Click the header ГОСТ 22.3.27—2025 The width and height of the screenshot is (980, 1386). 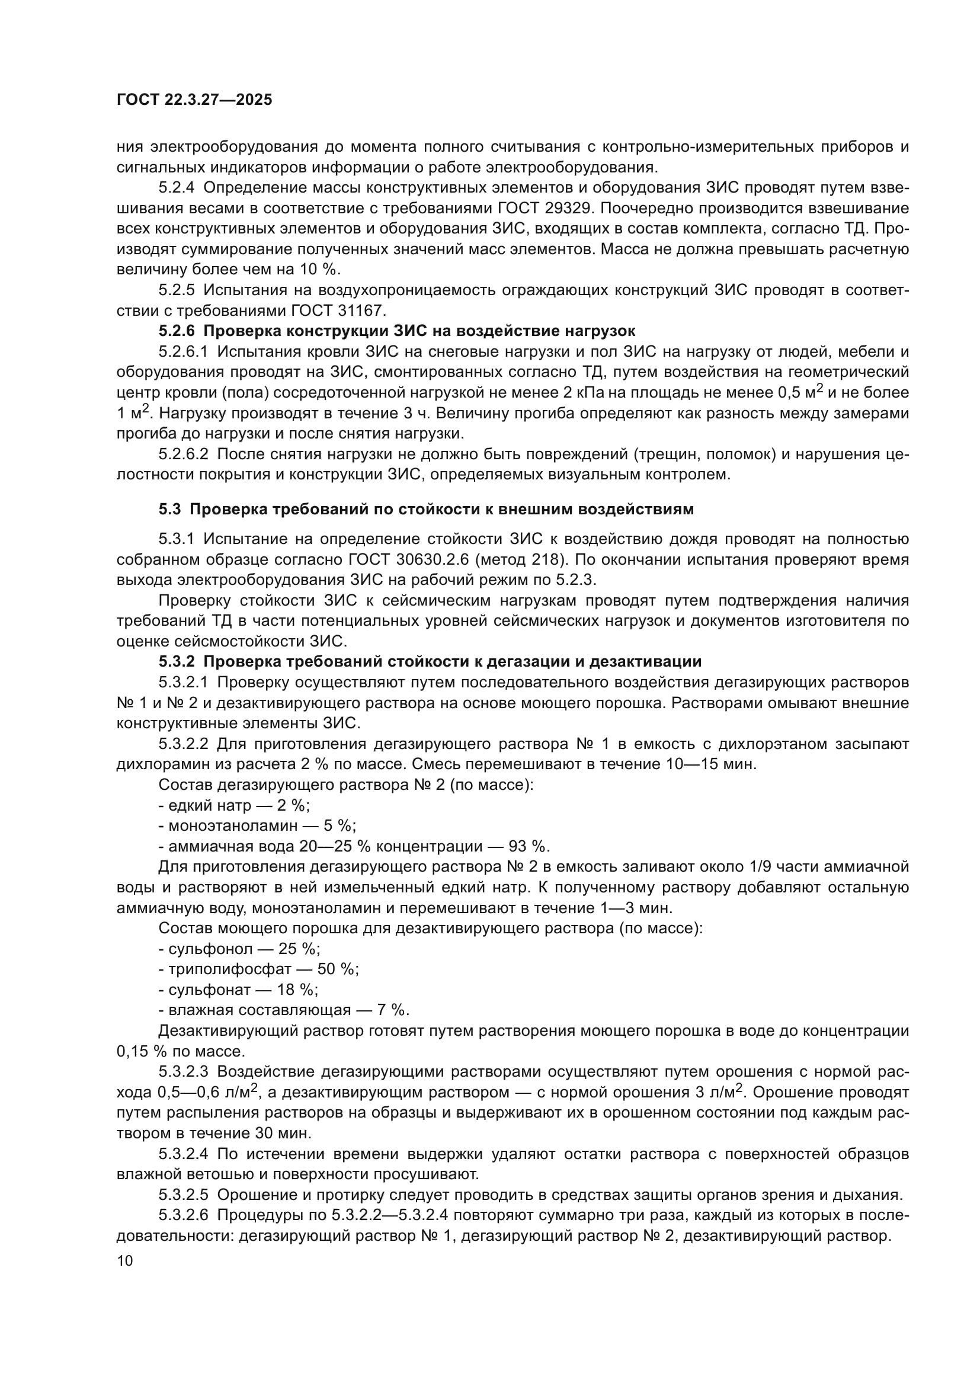[194, 100]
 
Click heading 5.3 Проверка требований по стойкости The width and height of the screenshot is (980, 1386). [426, 509]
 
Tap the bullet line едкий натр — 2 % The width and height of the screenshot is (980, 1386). [234, 805]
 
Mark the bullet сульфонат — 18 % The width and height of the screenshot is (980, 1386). [238, 990]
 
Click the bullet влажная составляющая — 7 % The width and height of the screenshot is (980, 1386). [284, 1010]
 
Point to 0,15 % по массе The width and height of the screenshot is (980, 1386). [181, 1052]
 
